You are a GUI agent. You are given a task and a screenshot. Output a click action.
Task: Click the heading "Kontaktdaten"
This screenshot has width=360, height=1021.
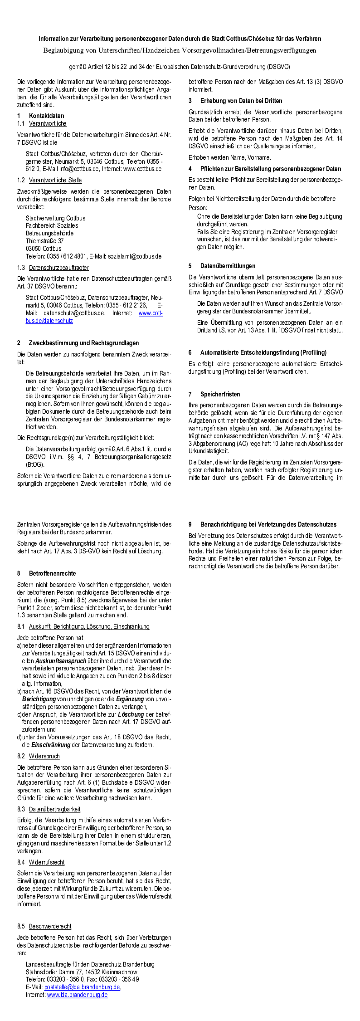(46, 116)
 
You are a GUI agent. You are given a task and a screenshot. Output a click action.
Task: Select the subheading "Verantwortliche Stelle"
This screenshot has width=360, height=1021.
(55, 180)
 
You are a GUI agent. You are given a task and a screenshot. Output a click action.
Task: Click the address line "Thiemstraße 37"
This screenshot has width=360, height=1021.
(44, 241)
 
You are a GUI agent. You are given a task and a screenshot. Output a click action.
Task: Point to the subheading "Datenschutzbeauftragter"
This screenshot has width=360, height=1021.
(58, 268)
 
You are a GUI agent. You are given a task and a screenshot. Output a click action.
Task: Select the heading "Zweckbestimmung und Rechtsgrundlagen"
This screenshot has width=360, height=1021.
(83, 343)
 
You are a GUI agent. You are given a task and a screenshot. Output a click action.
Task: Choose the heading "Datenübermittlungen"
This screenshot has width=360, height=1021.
(228, 266)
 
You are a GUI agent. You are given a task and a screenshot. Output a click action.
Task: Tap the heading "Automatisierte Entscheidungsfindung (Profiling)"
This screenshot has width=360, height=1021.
(263, 352)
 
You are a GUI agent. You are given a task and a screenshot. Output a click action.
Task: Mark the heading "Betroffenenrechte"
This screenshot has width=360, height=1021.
(52, 573)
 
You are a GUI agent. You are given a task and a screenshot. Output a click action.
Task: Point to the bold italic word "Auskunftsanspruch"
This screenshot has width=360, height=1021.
(60, 661)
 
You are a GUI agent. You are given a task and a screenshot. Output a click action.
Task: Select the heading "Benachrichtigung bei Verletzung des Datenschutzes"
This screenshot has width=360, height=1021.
(268, 524)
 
